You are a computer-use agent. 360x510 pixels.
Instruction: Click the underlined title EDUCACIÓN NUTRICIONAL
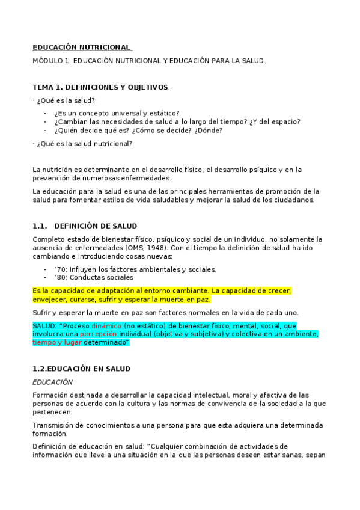coord(81,47)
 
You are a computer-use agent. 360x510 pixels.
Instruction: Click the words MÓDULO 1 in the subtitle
coord(52,61)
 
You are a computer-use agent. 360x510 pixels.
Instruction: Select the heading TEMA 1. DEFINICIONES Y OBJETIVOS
coord(100,87)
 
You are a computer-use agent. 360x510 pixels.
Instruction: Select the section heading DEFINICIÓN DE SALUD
coord(98,226)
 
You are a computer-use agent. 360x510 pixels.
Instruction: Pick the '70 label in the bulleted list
coord(61,269)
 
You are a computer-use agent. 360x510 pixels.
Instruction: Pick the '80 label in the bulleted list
coord(61,277)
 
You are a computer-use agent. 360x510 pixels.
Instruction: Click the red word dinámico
coord(108,326)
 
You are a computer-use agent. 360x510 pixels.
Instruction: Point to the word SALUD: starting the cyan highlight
coord(45,326)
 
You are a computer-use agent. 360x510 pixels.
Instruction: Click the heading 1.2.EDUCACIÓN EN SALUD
coord(81,368)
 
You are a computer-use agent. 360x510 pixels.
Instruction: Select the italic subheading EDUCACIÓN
coord(52,382)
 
